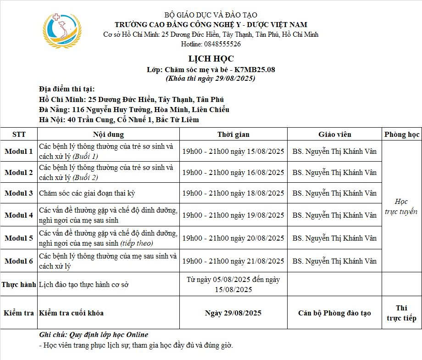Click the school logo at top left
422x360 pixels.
click(62, 30)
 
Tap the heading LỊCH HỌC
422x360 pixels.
click(211, 59)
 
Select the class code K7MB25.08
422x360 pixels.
click(255, 70)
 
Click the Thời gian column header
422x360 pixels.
click(233, 135)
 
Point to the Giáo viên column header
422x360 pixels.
click(335, 135)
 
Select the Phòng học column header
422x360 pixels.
click(402, 135)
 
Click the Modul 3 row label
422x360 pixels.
click(19, 193)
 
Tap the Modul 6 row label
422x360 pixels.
click(19, 261)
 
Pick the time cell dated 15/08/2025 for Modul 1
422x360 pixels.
click(233, 152)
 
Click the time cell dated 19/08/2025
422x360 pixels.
click(233, 215)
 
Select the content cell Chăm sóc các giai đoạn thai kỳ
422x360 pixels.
click(87, 193)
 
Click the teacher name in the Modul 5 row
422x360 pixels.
click(334, 238)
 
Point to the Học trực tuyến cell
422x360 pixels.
click(401, 207)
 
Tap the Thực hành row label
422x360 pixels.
click(19, 285)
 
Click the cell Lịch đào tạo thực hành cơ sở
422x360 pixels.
click(84, 285)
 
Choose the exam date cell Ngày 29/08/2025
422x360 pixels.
click(233, 313)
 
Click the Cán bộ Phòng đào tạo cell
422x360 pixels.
click(334, 313)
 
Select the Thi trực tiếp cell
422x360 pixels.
click(401, 313)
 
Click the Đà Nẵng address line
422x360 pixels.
click(134, 110)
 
